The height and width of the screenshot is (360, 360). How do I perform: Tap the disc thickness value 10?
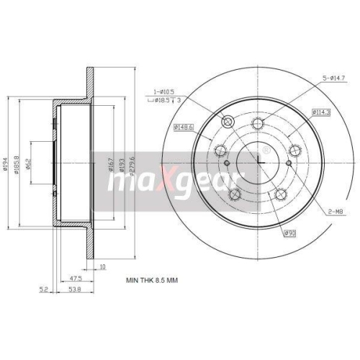pyautogui.click(x=104, y=266)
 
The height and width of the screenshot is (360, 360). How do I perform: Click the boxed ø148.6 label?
pyautogui.click(x=184, y=127)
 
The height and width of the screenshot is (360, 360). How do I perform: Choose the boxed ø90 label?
pyautogui.click(x=290, y=233)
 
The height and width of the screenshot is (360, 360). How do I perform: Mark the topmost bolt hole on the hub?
pyautogui.click(x=259, y=122)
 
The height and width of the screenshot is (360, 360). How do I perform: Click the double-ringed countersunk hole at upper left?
pyautogui.click(x=229, y=122)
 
